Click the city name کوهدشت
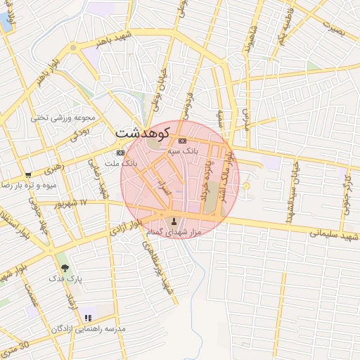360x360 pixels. point(143,132)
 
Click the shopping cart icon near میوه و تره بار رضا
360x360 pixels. point(28,175)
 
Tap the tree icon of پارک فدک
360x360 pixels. point(65,267)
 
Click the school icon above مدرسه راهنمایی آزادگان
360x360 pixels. point(88,318)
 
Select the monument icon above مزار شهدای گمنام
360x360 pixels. point(175,221)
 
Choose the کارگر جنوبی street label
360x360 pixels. point(347,184)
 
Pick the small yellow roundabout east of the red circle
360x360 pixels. point(245,185)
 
